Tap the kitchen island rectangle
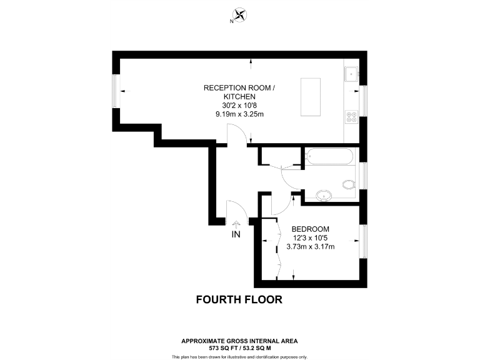click(311, 97)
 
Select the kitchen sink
click(352, 74)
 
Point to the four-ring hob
click(351, 116)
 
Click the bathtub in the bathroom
click(329, 156)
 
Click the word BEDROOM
click(310, 229)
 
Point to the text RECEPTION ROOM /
click(239, 88)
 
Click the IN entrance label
click(236, 234)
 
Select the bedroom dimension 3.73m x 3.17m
click(310, 246)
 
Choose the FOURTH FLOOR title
click(239, 299)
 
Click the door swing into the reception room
click(232, 134)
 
